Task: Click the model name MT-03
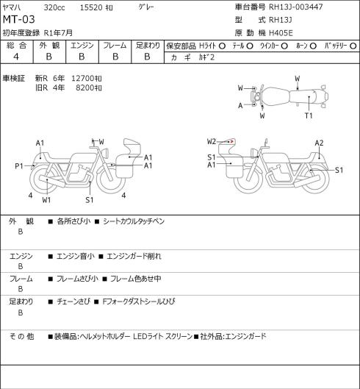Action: (x=18, y=19)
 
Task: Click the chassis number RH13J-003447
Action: (x=296, y=7)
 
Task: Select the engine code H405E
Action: (x=281, y=33)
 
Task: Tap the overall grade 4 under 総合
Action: (x=16, y=57)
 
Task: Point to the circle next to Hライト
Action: (x=222, y=46)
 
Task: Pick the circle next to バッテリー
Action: (x=353, y=46)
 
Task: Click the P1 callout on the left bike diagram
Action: (x=19, y=165)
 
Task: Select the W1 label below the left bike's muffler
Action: (x=46, y=200)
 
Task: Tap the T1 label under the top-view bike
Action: (x=309, y=115)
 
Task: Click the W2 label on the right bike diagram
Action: (x=212, y=141)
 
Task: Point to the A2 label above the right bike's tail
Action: (x=319, y=143)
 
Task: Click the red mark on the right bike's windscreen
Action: (x=232, y=141)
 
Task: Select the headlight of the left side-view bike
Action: (x=106, y=152)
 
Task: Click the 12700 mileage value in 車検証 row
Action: (x=82, y=79)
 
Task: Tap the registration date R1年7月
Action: (x=58, y=33)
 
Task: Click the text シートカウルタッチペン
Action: (x=134, y=221)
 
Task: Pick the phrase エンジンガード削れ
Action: (x=134, y=256)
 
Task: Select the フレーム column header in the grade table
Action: (x=115, y=46)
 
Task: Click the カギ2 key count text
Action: (x=206, y=57)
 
